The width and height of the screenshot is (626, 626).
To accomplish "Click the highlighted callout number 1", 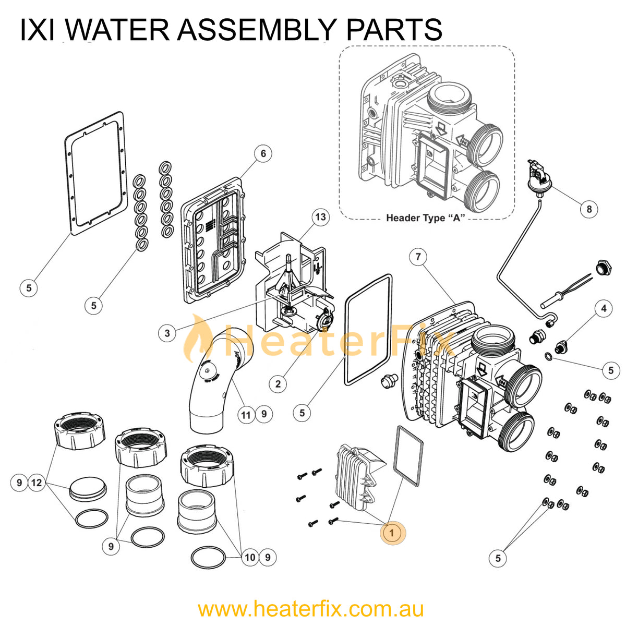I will [392, 533].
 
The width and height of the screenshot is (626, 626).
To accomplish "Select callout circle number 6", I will [263, 153].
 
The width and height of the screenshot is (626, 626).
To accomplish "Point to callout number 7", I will [418, 257].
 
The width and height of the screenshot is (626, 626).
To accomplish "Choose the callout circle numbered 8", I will [589, 209].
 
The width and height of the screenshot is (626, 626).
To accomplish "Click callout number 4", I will [604, 308].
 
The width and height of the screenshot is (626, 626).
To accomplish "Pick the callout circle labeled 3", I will [167, 333].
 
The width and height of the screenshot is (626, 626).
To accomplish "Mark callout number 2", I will [278, 384].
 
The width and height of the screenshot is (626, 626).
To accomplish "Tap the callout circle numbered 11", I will [246, 415].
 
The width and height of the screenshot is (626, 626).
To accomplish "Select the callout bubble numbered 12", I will [37, 483].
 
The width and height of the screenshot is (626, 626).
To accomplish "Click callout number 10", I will [250, 557].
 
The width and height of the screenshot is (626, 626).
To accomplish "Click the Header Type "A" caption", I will [425, 218].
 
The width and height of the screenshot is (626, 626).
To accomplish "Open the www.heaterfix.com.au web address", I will [311, 609].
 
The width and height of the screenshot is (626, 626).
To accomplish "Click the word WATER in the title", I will [118, 30].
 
